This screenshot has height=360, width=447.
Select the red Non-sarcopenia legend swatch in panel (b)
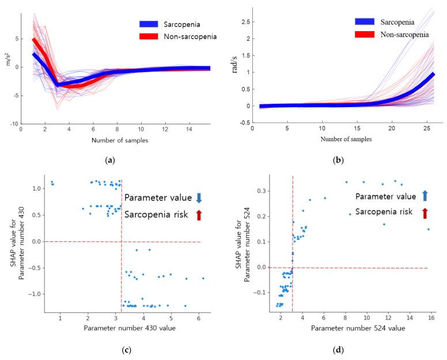pos(365,35)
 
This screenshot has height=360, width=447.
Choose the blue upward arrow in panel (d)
pos(425,195)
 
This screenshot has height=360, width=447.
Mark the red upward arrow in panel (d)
pos(425,213)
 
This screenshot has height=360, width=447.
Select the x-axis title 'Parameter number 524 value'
pos(358,328)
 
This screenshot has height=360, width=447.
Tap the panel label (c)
pos(112,348)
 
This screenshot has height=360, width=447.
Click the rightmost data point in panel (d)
pos(428,229)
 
